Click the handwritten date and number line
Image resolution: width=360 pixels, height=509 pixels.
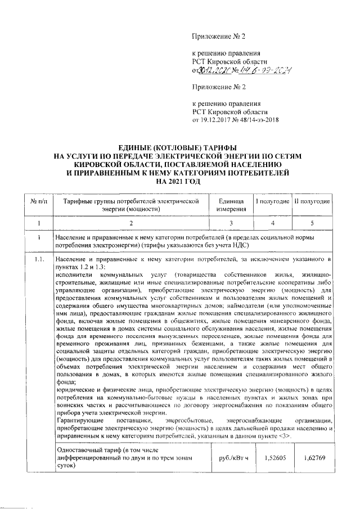242,71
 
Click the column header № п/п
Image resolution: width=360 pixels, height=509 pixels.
38,200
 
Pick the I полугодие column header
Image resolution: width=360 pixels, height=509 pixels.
273,201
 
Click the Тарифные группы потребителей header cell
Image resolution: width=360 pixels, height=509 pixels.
131,205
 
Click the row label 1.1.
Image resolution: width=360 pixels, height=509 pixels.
39,259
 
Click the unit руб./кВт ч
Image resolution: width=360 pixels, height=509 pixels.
230,458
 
